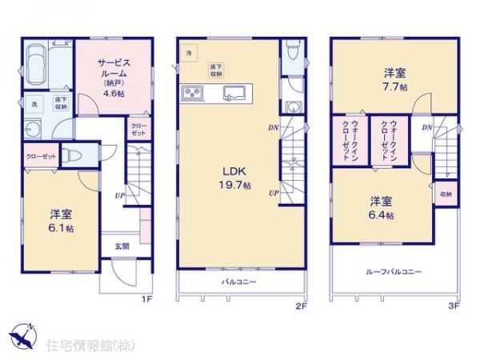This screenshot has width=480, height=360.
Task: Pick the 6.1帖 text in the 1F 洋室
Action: [61, 228]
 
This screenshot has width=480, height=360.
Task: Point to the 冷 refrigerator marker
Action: [189, 53]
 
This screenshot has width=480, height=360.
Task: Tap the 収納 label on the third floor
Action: [446, 194]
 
